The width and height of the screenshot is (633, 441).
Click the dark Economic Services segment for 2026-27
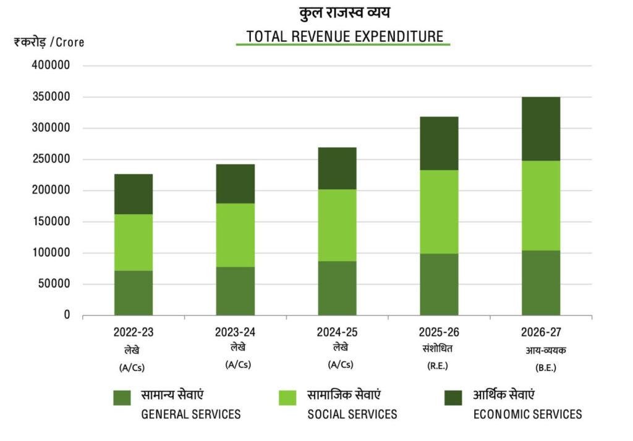tap(540, 129)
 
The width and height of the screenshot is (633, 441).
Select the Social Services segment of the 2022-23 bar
tap(134, 242)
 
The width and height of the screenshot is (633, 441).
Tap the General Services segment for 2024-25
tap(337, 288)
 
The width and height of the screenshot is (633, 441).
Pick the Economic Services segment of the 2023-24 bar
tap(236, 184)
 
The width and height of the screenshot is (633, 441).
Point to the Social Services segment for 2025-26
tap(439, 212)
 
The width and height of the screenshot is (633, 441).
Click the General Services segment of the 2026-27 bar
tap(540, 283)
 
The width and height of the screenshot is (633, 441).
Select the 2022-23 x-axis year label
tap(133, 332)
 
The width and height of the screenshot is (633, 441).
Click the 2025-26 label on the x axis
tap(438, 332)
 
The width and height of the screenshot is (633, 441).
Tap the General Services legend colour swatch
tap(122, 398)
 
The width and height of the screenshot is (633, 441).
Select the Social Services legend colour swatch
tap(288, 398)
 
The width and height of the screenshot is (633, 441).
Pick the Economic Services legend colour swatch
tap(453, 398)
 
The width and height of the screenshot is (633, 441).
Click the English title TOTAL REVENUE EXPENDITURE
tap(345, 36)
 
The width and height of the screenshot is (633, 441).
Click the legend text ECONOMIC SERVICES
tap(527, 414)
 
